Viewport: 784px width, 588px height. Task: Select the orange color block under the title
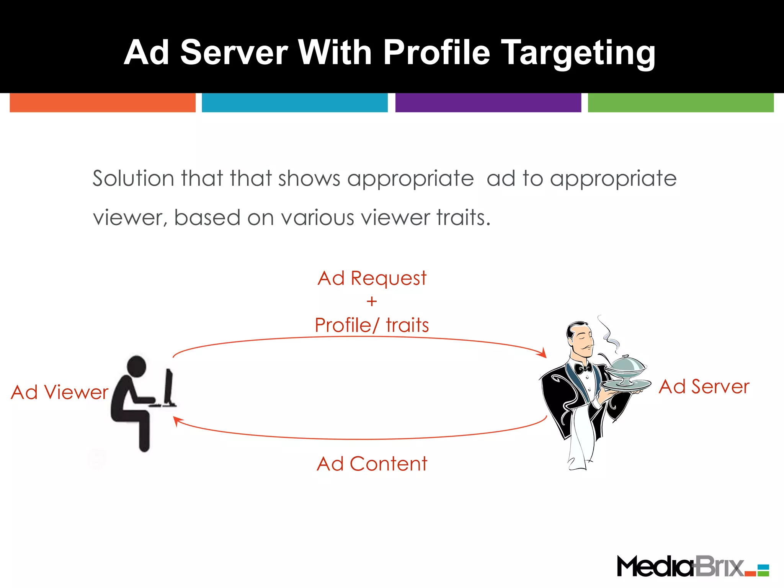[103, 103]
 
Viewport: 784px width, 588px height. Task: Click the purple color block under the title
[488, 103]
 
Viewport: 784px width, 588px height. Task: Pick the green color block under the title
[681, 103]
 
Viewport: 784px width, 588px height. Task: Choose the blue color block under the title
[295, 103]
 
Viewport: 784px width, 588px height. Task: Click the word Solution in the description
[133, 178]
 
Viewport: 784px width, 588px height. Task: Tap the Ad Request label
[372, 278]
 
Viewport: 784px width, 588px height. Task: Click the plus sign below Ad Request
[372, 302]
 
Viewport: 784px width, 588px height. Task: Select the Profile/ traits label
[372, 325]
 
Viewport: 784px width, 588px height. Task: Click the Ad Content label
[372, 464]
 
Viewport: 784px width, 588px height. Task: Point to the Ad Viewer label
[60, 392]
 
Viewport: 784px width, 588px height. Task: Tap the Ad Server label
[704, 387]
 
